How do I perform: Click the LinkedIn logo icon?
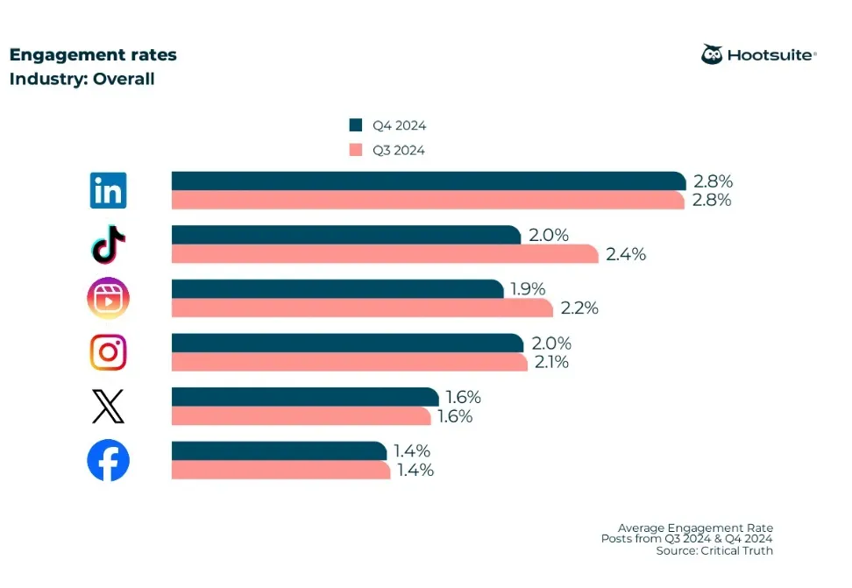(x=108, y=190)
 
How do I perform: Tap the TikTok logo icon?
(x=109, y=244)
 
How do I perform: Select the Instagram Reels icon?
(x=109, y=298)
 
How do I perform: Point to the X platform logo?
(x=108, y=407)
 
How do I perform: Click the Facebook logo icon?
(x=108, y=461)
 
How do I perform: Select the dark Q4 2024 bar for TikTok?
(x=346, y=235)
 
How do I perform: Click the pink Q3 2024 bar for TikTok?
(x=385, y=254)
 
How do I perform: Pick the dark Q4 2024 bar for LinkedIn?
(x=428, y=181)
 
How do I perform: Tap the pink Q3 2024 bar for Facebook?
(x=280, y=471)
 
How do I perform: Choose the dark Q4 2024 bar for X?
(x=304, y=397)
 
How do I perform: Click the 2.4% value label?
(x=625, y=255)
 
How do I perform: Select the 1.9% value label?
(x=528, y=288)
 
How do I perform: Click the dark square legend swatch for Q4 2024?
(x=355, y=124)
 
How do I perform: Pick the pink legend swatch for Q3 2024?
(x=355, y=149)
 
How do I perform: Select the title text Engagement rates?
(x=93, y=54)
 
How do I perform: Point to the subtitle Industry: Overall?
(x=82, y=79)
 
